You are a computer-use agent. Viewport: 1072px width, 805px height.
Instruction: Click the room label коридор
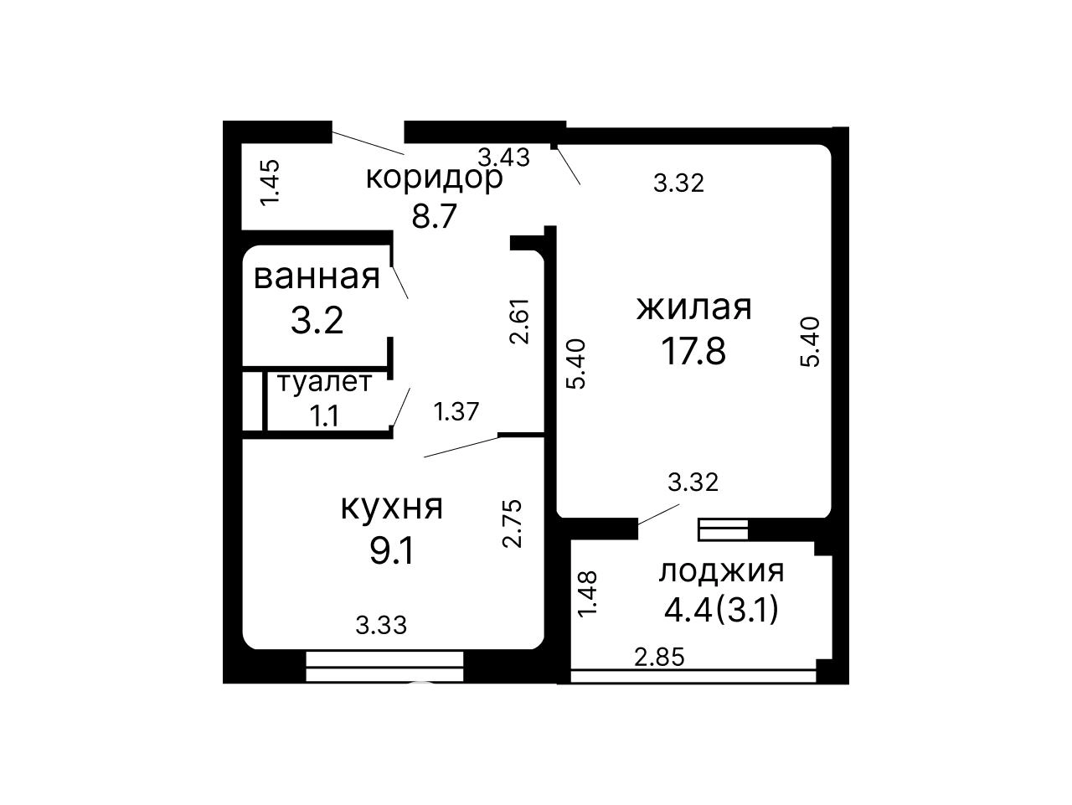434,179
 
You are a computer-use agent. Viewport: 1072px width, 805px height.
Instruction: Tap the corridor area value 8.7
434,215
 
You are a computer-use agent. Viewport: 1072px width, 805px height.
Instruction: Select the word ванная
317,277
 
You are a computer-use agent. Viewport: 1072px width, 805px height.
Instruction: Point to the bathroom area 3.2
317,320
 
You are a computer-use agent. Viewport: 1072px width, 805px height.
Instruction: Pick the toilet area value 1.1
324,416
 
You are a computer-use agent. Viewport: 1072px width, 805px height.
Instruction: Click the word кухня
391,507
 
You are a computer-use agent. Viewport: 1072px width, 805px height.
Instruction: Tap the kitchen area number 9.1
391,551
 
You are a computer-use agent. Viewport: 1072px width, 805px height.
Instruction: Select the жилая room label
693,307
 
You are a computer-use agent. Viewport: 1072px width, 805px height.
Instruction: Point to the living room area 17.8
693,351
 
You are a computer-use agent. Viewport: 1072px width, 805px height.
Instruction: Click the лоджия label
721,571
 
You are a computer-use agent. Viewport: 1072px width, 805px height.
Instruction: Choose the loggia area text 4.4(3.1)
721,611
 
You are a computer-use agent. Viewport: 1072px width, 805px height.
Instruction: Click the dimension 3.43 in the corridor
503,157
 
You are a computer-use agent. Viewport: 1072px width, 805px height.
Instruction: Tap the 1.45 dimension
270,183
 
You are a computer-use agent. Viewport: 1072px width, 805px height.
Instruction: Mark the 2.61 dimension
518,322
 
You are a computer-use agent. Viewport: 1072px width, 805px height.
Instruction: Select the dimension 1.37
456,411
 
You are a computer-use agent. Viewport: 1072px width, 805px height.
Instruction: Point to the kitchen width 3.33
381,625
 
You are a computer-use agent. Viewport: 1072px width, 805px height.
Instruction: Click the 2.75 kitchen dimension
513,524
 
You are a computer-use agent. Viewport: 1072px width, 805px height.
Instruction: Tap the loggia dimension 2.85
659,657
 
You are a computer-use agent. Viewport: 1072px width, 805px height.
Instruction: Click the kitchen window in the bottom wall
384,666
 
